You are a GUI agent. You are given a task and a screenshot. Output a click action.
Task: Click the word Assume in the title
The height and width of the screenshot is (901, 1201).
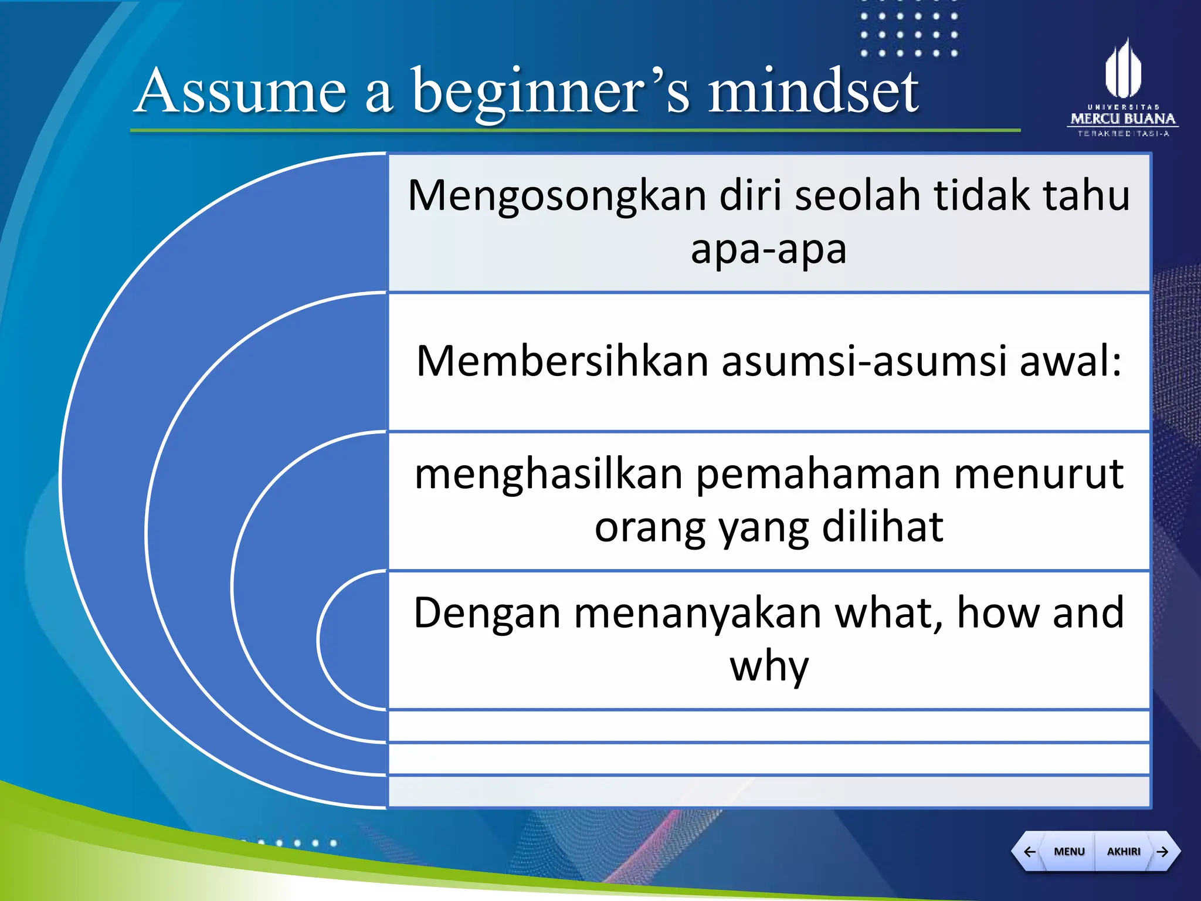(240, 91)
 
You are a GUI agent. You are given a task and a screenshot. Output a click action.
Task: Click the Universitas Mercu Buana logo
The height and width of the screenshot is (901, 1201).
(1123, 88)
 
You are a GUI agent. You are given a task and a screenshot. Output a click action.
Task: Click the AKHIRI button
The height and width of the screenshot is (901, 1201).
(1123, 851)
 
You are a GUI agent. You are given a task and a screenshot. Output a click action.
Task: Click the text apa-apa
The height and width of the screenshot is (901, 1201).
(768, 249)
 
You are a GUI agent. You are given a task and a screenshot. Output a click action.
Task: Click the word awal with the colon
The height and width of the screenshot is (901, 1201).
(1070, 361)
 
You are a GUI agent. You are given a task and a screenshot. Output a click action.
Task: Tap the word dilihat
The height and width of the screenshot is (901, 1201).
(882, 527)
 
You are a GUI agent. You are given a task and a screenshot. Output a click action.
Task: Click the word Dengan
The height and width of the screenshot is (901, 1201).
(487, 613)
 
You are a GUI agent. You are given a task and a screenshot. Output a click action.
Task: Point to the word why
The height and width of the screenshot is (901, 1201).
(769, 668)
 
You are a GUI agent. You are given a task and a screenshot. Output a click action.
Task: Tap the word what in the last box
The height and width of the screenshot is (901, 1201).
(888, 613)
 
